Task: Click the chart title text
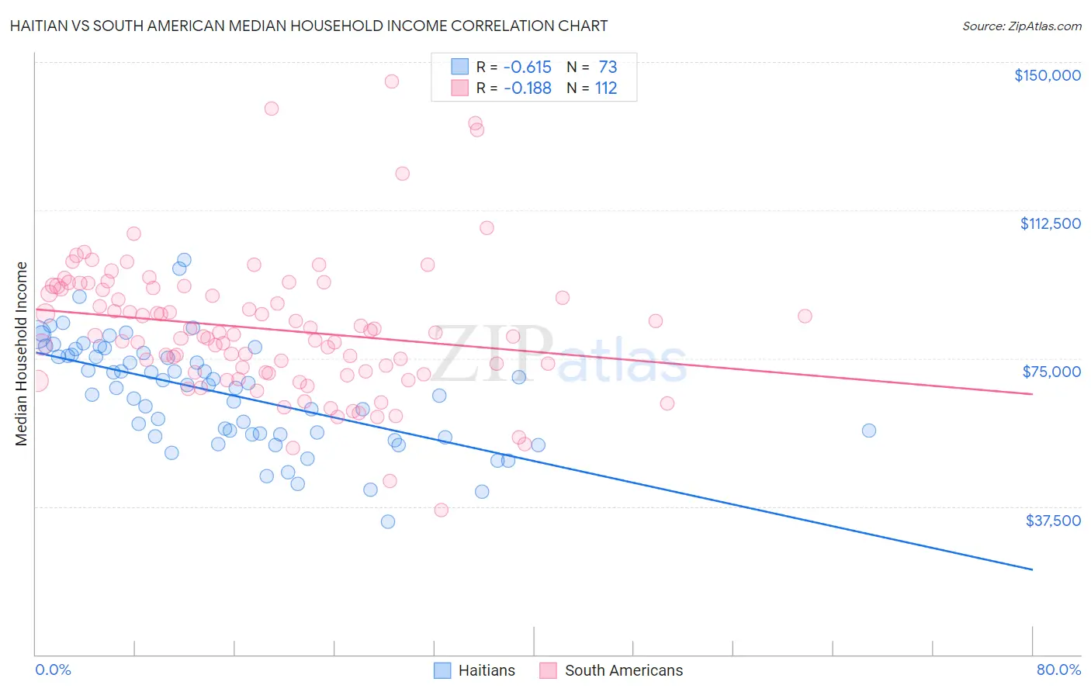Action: [x=309, y=26]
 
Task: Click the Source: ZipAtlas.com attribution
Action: [x=1021, y=26]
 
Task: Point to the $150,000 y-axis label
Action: [x=1047, y=75]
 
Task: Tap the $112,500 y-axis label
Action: [x=1050, y=223]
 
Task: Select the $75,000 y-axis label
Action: [x=1051, y=372]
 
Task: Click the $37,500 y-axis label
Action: [x=1052, y=521]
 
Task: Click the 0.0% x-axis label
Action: [x=53, y=670]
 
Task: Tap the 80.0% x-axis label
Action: [x=1058, y=670]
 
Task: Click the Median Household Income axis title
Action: [x=22, y=354]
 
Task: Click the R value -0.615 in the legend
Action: [x=527, y=67]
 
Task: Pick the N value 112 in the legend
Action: [x=606, y=88]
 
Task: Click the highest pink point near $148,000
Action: [x=392, y=81]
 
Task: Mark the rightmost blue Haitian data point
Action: [x=869, y=431]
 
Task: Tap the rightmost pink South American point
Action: [x=805, y=316]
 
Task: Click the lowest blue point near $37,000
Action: [x=388, y=521]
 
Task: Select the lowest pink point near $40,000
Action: [x=442, y=510]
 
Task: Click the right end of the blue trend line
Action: [x=1032, y=569]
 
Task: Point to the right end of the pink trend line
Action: [x=1032, y=394]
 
